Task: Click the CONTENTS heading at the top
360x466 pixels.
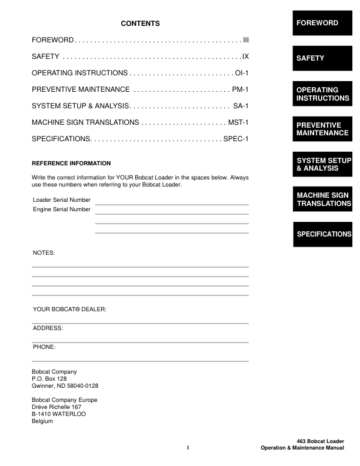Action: [x=140, y=24]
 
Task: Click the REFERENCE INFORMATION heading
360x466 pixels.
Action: [x=71, y=163]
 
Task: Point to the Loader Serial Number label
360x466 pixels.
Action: [x=62, y=200]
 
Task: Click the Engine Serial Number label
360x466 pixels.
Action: [x=62, y=209]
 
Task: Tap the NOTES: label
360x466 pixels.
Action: [x=44, y=252]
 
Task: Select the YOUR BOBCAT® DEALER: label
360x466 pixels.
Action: [x=69, y=309]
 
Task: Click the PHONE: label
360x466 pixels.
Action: [x=44, y=347]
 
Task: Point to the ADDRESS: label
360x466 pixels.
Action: [x=48, y=328]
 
